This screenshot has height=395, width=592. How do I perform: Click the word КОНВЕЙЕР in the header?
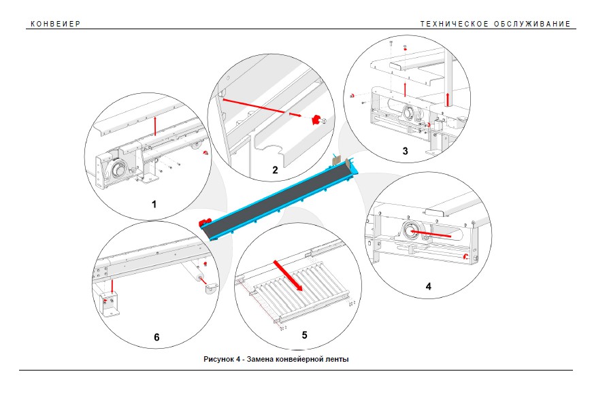point(56,24)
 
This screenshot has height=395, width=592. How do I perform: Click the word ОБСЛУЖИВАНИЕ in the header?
point(532,24)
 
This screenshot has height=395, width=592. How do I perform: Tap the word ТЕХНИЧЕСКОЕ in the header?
point(454,24)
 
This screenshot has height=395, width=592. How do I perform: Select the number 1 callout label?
point(154,204)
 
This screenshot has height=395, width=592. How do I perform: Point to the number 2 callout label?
point(275,170)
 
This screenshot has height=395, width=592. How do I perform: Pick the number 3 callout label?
point(405,151)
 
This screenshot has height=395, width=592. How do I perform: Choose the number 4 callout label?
point(428,286)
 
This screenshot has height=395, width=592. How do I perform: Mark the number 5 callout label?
point(305,335)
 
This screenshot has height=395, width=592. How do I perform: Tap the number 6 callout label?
point(157,337)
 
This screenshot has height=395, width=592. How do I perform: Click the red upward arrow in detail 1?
point(154,126)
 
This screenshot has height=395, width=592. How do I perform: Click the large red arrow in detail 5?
point(288,275)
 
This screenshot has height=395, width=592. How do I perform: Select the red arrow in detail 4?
point(431,234)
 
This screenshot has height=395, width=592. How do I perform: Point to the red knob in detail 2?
point(315,120)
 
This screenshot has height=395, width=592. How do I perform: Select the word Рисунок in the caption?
point(218,359)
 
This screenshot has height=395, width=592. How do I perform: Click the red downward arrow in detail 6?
point(112,286)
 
